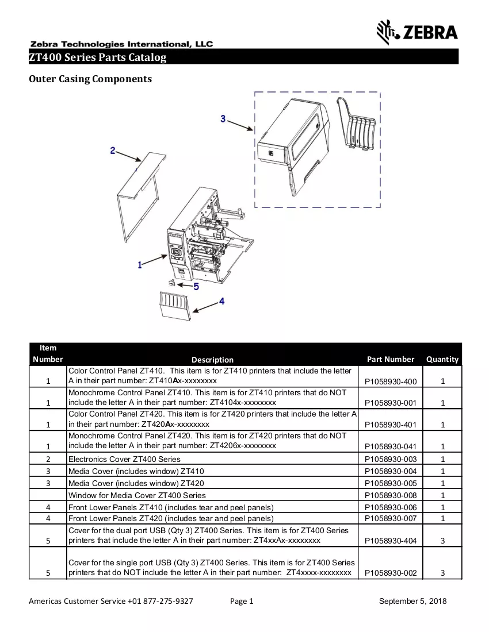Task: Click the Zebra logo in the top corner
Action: click(x=417, y=32)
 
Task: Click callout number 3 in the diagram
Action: click(x=223, y=118)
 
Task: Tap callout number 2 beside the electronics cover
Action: click(x=113, y=151)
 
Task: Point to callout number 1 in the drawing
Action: click(x=140, y=265)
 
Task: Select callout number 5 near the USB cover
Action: click(x=196, y=287)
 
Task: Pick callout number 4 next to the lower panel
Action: click(x=221, y=301)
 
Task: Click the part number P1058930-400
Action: click(x=391, y=381)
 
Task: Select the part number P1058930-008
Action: click(x=391, y=495)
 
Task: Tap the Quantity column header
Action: click(x=442, y=359)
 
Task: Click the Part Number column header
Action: click(x=391, y=359)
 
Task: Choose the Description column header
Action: click(x=212, y=360)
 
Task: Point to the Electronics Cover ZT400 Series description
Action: click(x=124, y=459)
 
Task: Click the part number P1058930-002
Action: click(x=391, y=573)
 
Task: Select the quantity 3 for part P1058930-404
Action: click(x=442, y=541)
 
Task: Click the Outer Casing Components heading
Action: click(x=90, y=79)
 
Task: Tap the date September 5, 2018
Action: click(x=412, y=602)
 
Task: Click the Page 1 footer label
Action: click(x=242, y=602)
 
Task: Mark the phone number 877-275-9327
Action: click(x=168, y=602)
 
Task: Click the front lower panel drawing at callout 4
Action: click(x=175, y=306)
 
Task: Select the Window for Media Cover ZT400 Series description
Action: click(x=137, y=495)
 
